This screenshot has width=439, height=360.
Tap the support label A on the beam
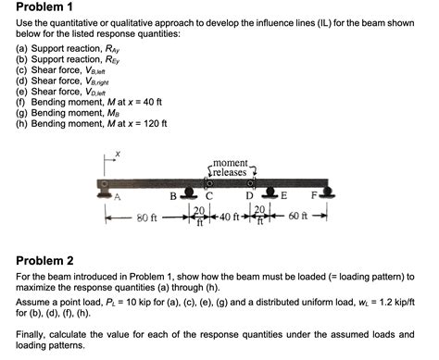point(118,196)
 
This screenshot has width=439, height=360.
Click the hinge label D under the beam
point(248,196)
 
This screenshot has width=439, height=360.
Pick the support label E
point(283,196)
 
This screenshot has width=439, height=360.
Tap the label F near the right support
point(314,196)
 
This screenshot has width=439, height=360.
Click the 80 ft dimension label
point(147,218)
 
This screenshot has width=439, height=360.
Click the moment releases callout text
point(229,168)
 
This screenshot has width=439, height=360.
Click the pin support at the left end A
point(103,191)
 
